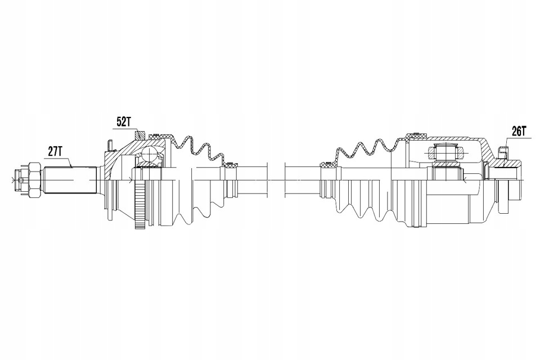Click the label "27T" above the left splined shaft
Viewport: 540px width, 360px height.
click(55, 151)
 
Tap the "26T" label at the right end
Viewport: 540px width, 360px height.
click(519, 131)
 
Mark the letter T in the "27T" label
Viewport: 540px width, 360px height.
click(60, 151)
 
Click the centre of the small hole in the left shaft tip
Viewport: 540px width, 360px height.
click(22, 179)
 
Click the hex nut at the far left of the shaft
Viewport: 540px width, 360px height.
click(34, 179)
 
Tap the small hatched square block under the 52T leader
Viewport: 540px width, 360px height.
click(140, 134)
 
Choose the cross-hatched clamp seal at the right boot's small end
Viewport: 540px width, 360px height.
click(328, 164)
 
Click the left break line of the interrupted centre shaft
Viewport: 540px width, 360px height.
click(267, 179)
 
